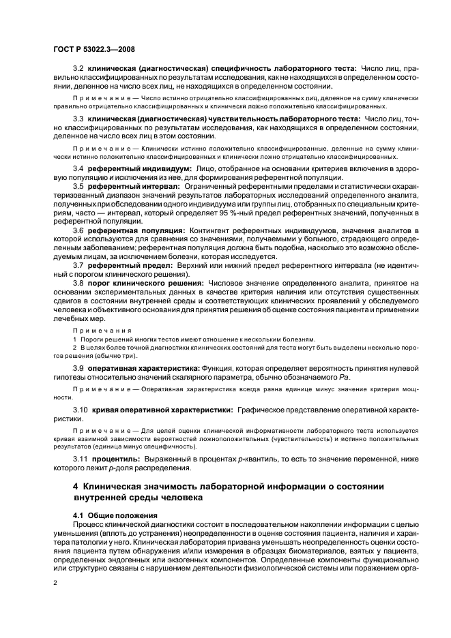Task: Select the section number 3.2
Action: tap(78, 69)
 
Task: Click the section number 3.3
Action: tap(78, 118)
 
